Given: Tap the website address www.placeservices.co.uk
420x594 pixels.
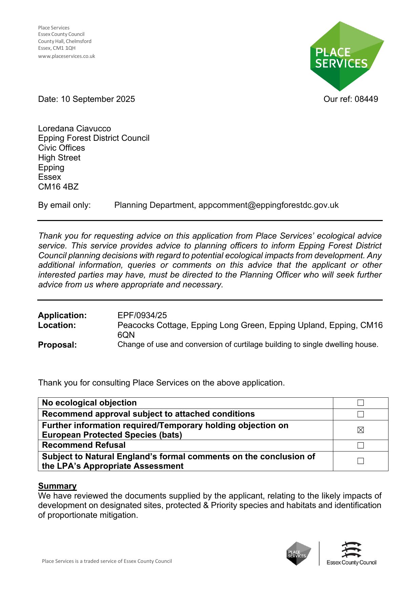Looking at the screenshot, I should (x=66, y=56).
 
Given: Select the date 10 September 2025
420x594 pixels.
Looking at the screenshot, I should (x=98, y=99).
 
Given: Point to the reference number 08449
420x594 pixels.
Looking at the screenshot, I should (x=366, y=99).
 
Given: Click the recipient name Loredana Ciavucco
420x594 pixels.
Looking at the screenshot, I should (x=75, y=129).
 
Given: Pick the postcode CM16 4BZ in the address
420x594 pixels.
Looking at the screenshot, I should (x=58, y=187).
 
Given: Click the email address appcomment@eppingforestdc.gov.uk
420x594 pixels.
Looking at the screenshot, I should (x=268, y=205).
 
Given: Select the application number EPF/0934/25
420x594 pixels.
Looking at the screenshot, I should (x=142, y=315).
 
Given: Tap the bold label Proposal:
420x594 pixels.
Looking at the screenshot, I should (x=57, y=345).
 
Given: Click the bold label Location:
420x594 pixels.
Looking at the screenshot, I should (x=57, y=325).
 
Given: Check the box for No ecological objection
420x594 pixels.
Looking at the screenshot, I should (x=360, y=403).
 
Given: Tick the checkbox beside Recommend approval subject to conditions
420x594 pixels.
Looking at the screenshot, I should (x=360, y=414).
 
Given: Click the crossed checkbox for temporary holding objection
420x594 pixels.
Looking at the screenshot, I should (x=360, y=430).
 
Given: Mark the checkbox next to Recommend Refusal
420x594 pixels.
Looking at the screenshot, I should (x=360, y=445).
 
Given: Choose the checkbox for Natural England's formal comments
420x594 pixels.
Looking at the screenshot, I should (x=360, y=461).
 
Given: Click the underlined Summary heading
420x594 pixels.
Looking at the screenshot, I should (x=57, y=486).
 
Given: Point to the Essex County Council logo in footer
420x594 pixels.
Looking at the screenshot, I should (x=351, y=554).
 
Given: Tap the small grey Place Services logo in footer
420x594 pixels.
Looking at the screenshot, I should (x=298, y=554).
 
